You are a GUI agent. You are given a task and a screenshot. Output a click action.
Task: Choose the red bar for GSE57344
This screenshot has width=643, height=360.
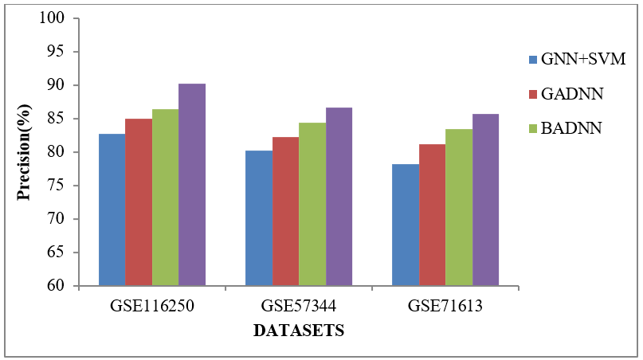coord(285,211)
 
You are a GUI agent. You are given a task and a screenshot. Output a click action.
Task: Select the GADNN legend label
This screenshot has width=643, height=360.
coord(571,94)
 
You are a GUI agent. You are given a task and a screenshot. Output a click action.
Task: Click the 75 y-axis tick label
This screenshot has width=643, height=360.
coord(60,186)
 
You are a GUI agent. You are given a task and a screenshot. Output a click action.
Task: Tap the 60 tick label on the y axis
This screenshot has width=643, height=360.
coord(60,286)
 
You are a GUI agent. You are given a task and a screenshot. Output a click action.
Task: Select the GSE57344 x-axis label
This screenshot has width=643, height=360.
coord(299,306)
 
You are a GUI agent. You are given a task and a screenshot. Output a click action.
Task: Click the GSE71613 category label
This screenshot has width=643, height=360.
coord(445,306)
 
